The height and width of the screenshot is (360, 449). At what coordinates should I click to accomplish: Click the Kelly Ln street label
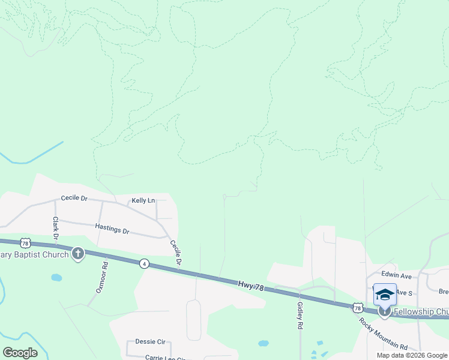pos(143,200)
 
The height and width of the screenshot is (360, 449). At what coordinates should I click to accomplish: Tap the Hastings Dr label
pos(112,229)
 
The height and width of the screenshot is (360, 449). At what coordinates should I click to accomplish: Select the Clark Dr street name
pos(55,228)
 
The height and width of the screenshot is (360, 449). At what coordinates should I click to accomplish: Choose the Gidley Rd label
pos(300,315)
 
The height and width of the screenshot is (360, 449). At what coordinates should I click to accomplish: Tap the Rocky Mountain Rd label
pos(383,335)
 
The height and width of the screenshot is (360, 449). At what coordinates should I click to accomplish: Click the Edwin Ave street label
pos(397,275)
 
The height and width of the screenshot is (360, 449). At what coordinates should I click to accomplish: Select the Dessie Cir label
pos(150,341)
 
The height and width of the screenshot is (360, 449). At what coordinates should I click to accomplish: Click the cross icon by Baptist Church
pos(77,254)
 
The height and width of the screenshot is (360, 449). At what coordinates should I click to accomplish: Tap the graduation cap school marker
pos(385,295)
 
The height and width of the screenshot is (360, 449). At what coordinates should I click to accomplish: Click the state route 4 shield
pos(144,263)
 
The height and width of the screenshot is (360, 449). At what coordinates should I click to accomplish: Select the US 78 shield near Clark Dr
pos(25,242)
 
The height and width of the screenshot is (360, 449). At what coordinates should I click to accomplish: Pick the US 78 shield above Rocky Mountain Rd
pos(358,308)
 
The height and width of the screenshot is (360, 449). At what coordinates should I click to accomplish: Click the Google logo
pos(20,353)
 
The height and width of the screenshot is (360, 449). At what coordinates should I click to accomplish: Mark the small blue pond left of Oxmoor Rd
pos(56,278)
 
